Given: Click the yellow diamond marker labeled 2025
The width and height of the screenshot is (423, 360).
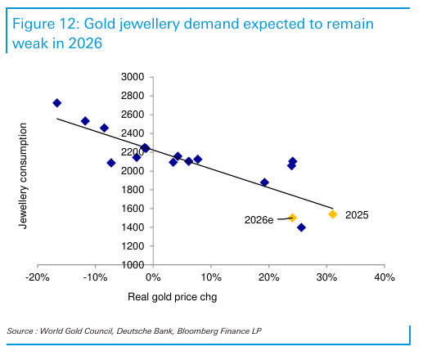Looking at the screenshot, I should point(333,214).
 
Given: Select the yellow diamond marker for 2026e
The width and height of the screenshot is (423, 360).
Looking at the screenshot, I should point(292,218).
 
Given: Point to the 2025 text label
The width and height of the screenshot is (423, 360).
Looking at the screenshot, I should point(358,215).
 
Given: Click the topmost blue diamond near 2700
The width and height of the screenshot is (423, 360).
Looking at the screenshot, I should point(56,103).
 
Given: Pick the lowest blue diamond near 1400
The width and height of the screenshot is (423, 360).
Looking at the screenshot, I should point(301,227).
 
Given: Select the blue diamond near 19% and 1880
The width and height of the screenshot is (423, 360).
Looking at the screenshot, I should point(264,182).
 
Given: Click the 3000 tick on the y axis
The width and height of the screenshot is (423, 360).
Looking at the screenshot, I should point(132,77).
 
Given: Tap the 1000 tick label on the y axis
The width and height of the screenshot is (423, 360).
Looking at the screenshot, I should point(132,265).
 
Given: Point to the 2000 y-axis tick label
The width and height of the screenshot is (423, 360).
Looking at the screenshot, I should point(132,171).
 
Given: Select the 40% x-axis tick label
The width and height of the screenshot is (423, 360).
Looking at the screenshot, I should point(385,277).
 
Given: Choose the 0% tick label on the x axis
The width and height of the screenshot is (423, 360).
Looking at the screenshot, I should point(153,277).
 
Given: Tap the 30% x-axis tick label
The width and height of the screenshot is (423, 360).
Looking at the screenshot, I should point(326,277).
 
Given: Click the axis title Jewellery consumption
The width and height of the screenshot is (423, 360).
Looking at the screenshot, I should point(24,175).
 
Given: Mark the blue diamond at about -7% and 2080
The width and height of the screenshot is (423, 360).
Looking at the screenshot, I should point(111,163).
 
